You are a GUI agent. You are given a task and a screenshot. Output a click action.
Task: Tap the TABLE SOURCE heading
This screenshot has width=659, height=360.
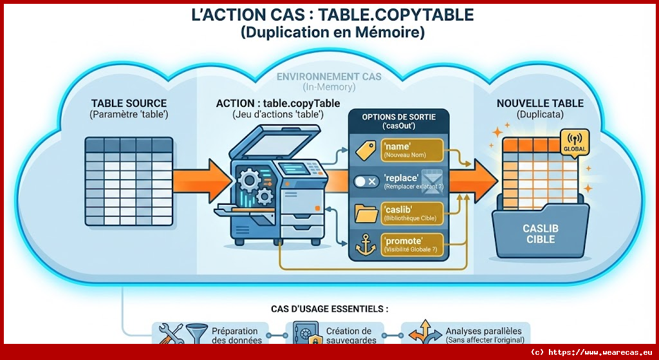pos(129,103)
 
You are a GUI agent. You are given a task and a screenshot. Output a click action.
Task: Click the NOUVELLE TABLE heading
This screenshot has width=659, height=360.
pos(540,103)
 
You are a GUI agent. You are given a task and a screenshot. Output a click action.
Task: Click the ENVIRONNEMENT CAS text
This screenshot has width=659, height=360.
pos(328,77)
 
